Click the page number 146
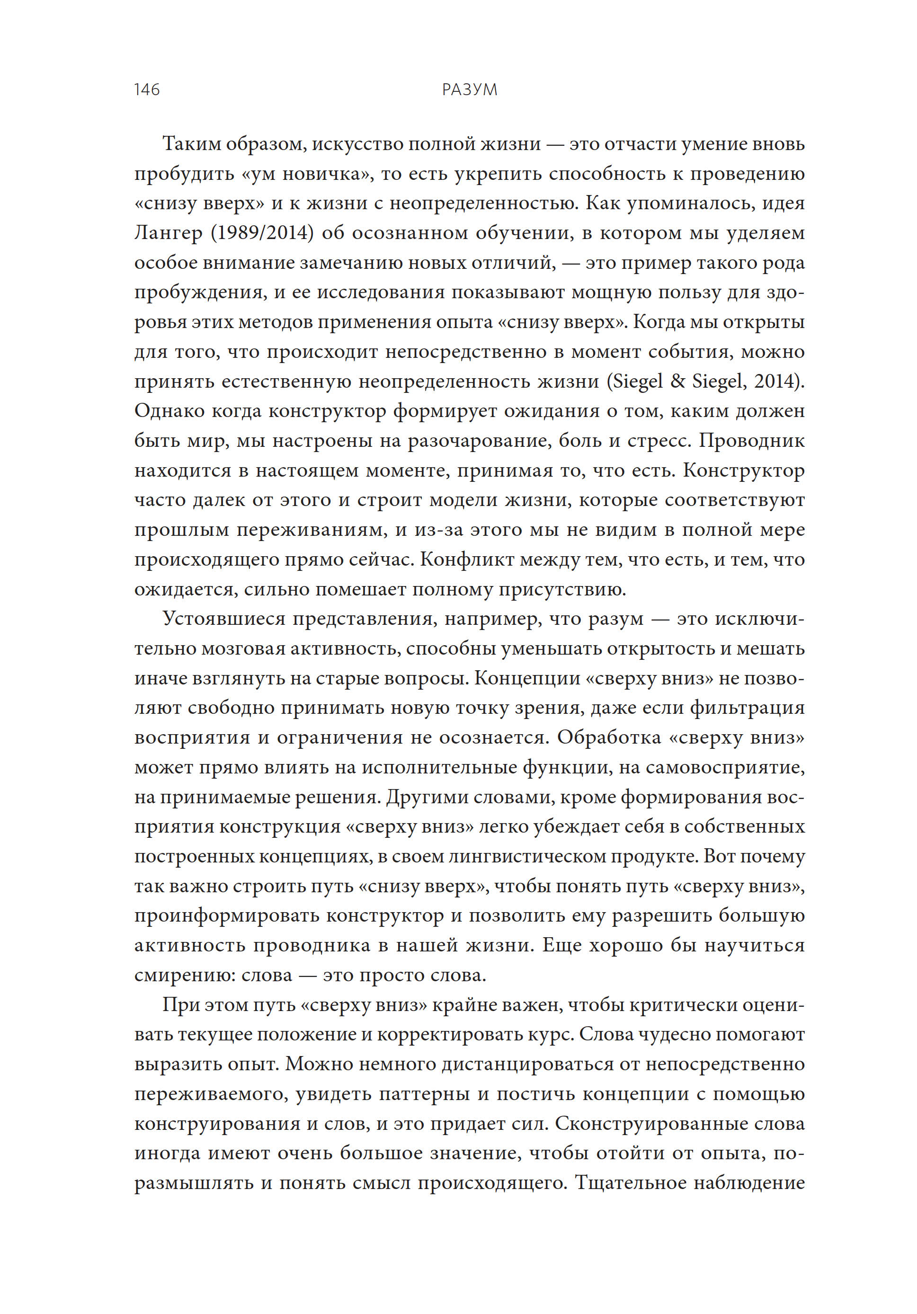coord(147,90)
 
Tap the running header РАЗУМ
coord(469,90)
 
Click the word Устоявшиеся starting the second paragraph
coord(224,619)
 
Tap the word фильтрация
coord(747,708)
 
